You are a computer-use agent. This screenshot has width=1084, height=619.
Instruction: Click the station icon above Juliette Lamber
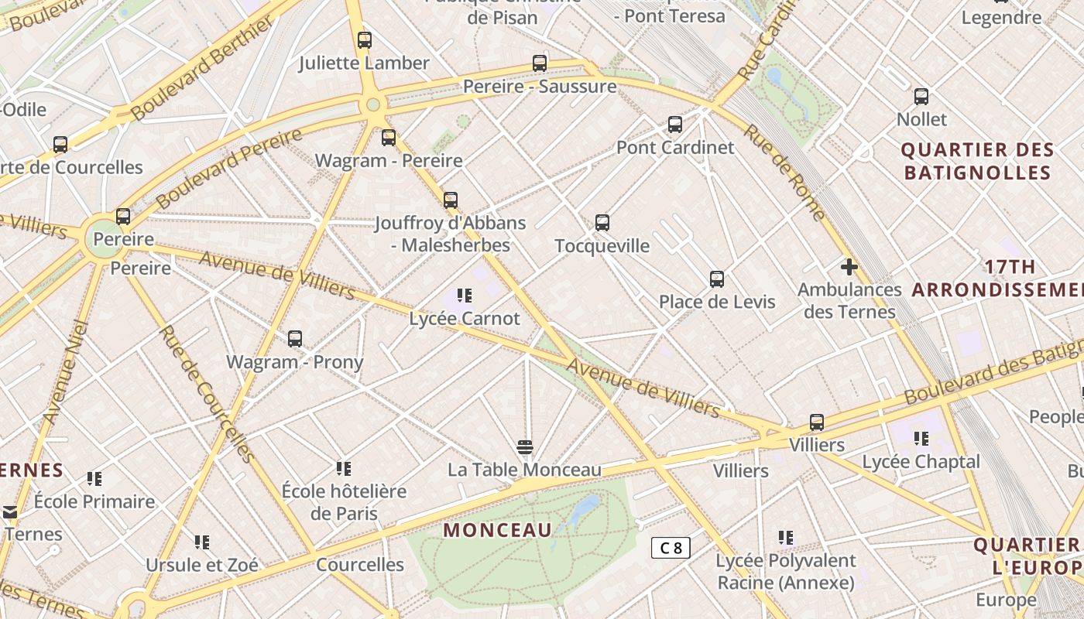tap(365, 40)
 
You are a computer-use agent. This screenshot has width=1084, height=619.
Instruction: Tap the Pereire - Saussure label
tap(540, 86)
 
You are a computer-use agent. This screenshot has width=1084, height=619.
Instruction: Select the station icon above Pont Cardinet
tap(675, 125)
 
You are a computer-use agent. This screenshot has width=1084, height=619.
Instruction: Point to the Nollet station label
tap(921, 119)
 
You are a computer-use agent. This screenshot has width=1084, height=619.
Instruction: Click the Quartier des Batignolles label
tap(977, 161)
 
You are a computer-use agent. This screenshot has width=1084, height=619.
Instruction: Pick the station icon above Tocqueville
tap(602, 223)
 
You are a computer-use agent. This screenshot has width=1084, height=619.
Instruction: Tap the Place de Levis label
tap(717, 302)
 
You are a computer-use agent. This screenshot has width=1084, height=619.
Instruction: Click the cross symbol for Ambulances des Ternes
tap(849, 267)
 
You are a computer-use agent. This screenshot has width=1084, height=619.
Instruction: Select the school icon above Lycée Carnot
tap(465, 295)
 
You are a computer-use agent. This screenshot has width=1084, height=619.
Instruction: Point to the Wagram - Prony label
tap(294, 361)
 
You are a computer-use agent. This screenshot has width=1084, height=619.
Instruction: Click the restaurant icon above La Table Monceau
tap(525, 446)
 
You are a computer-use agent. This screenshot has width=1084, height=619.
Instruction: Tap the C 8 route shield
tap(671, 548)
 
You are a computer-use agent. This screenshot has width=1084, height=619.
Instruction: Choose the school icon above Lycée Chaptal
tap(921, 439)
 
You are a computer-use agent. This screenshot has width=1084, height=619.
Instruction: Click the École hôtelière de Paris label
tap(344, 502)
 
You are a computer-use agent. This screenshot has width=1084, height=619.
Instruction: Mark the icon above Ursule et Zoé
tap(202, 542)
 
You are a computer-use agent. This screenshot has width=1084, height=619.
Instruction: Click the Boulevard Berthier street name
tap(202, 68)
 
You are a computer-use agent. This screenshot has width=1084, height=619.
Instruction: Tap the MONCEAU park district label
tap(498, 530)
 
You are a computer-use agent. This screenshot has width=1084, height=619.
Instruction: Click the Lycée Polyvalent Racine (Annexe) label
tap(786, 571)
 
